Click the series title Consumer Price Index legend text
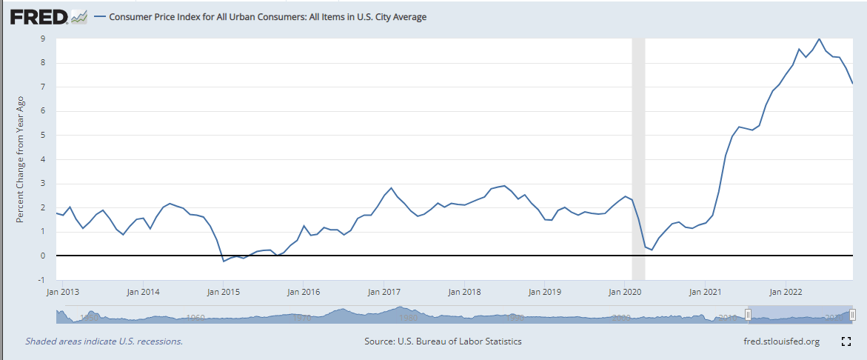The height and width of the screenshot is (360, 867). tap(267, 17)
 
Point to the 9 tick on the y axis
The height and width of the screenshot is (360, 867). tap(44, 39)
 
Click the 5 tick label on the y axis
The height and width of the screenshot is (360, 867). tap(44, 136)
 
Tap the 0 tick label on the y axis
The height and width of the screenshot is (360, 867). tap(44, 256)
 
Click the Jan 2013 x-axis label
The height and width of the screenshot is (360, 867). tap(64, 291)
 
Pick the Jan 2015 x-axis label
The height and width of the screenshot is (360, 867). tap(224, 291)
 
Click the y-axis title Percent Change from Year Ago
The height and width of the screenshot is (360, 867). tap(21, 159)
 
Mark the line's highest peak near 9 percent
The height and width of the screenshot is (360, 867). tap(819, 39)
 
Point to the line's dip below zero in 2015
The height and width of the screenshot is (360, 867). tap(224, 261)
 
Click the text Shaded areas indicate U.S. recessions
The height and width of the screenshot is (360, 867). tap(104, 341)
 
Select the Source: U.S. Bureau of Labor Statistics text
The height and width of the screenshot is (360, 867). tap(443, 341)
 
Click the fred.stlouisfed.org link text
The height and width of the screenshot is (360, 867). tap(781, 341)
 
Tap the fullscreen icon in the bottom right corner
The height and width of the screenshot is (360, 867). tap(846, 341)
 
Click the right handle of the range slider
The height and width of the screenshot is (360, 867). tap(853, 315)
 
